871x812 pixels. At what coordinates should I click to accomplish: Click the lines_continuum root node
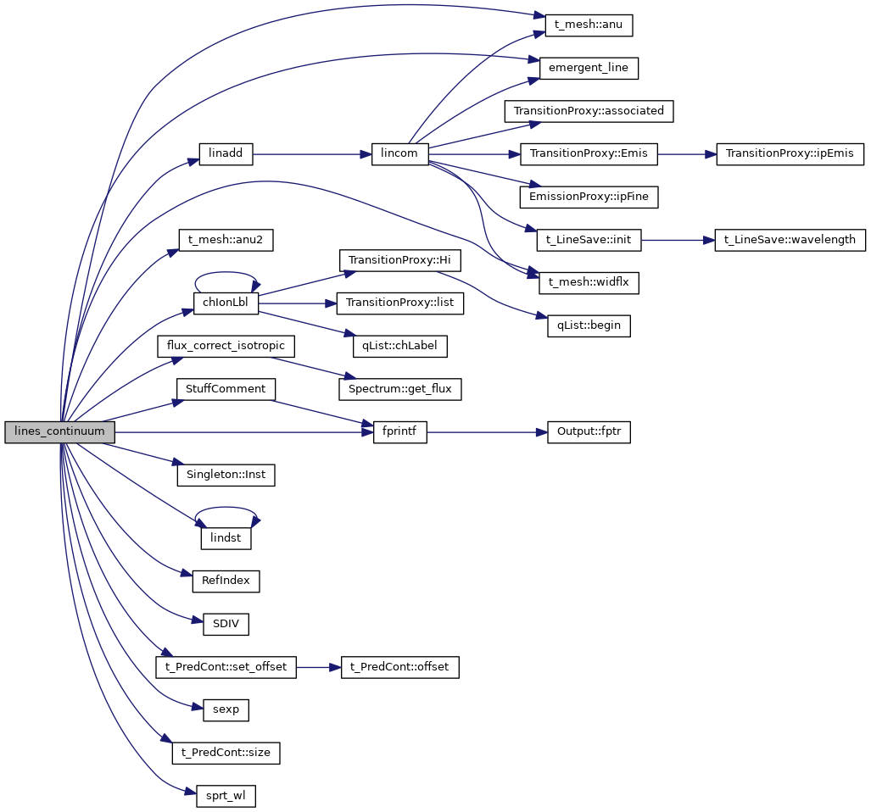coord(59,431)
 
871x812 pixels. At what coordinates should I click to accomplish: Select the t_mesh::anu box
coord(583,25)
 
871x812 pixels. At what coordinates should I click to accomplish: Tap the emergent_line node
coord(589,68)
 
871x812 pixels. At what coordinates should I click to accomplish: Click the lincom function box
coord(400,154)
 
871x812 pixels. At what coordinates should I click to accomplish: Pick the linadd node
coord(226,154)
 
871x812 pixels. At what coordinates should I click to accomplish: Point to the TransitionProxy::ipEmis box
coord(790,154)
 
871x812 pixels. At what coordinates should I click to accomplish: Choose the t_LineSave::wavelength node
coord(790,240)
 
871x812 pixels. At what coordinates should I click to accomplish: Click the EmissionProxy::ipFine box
coord(589,197)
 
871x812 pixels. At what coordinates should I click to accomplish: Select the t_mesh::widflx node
coord(589,282)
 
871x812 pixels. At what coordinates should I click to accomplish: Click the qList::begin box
coord(589,325)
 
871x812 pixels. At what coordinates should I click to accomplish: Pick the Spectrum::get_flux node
coord(400,389)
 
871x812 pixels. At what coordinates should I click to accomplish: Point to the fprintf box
coord(400,431)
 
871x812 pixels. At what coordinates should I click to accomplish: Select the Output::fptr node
coord(589,431)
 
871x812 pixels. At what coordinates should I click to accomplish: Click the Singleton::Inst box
coord(226,475)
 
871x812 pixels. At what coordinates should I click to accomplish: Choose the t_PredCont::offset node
coord(400,667)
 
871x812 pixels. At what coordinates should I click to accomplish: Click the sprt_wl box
coord(226,795)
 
